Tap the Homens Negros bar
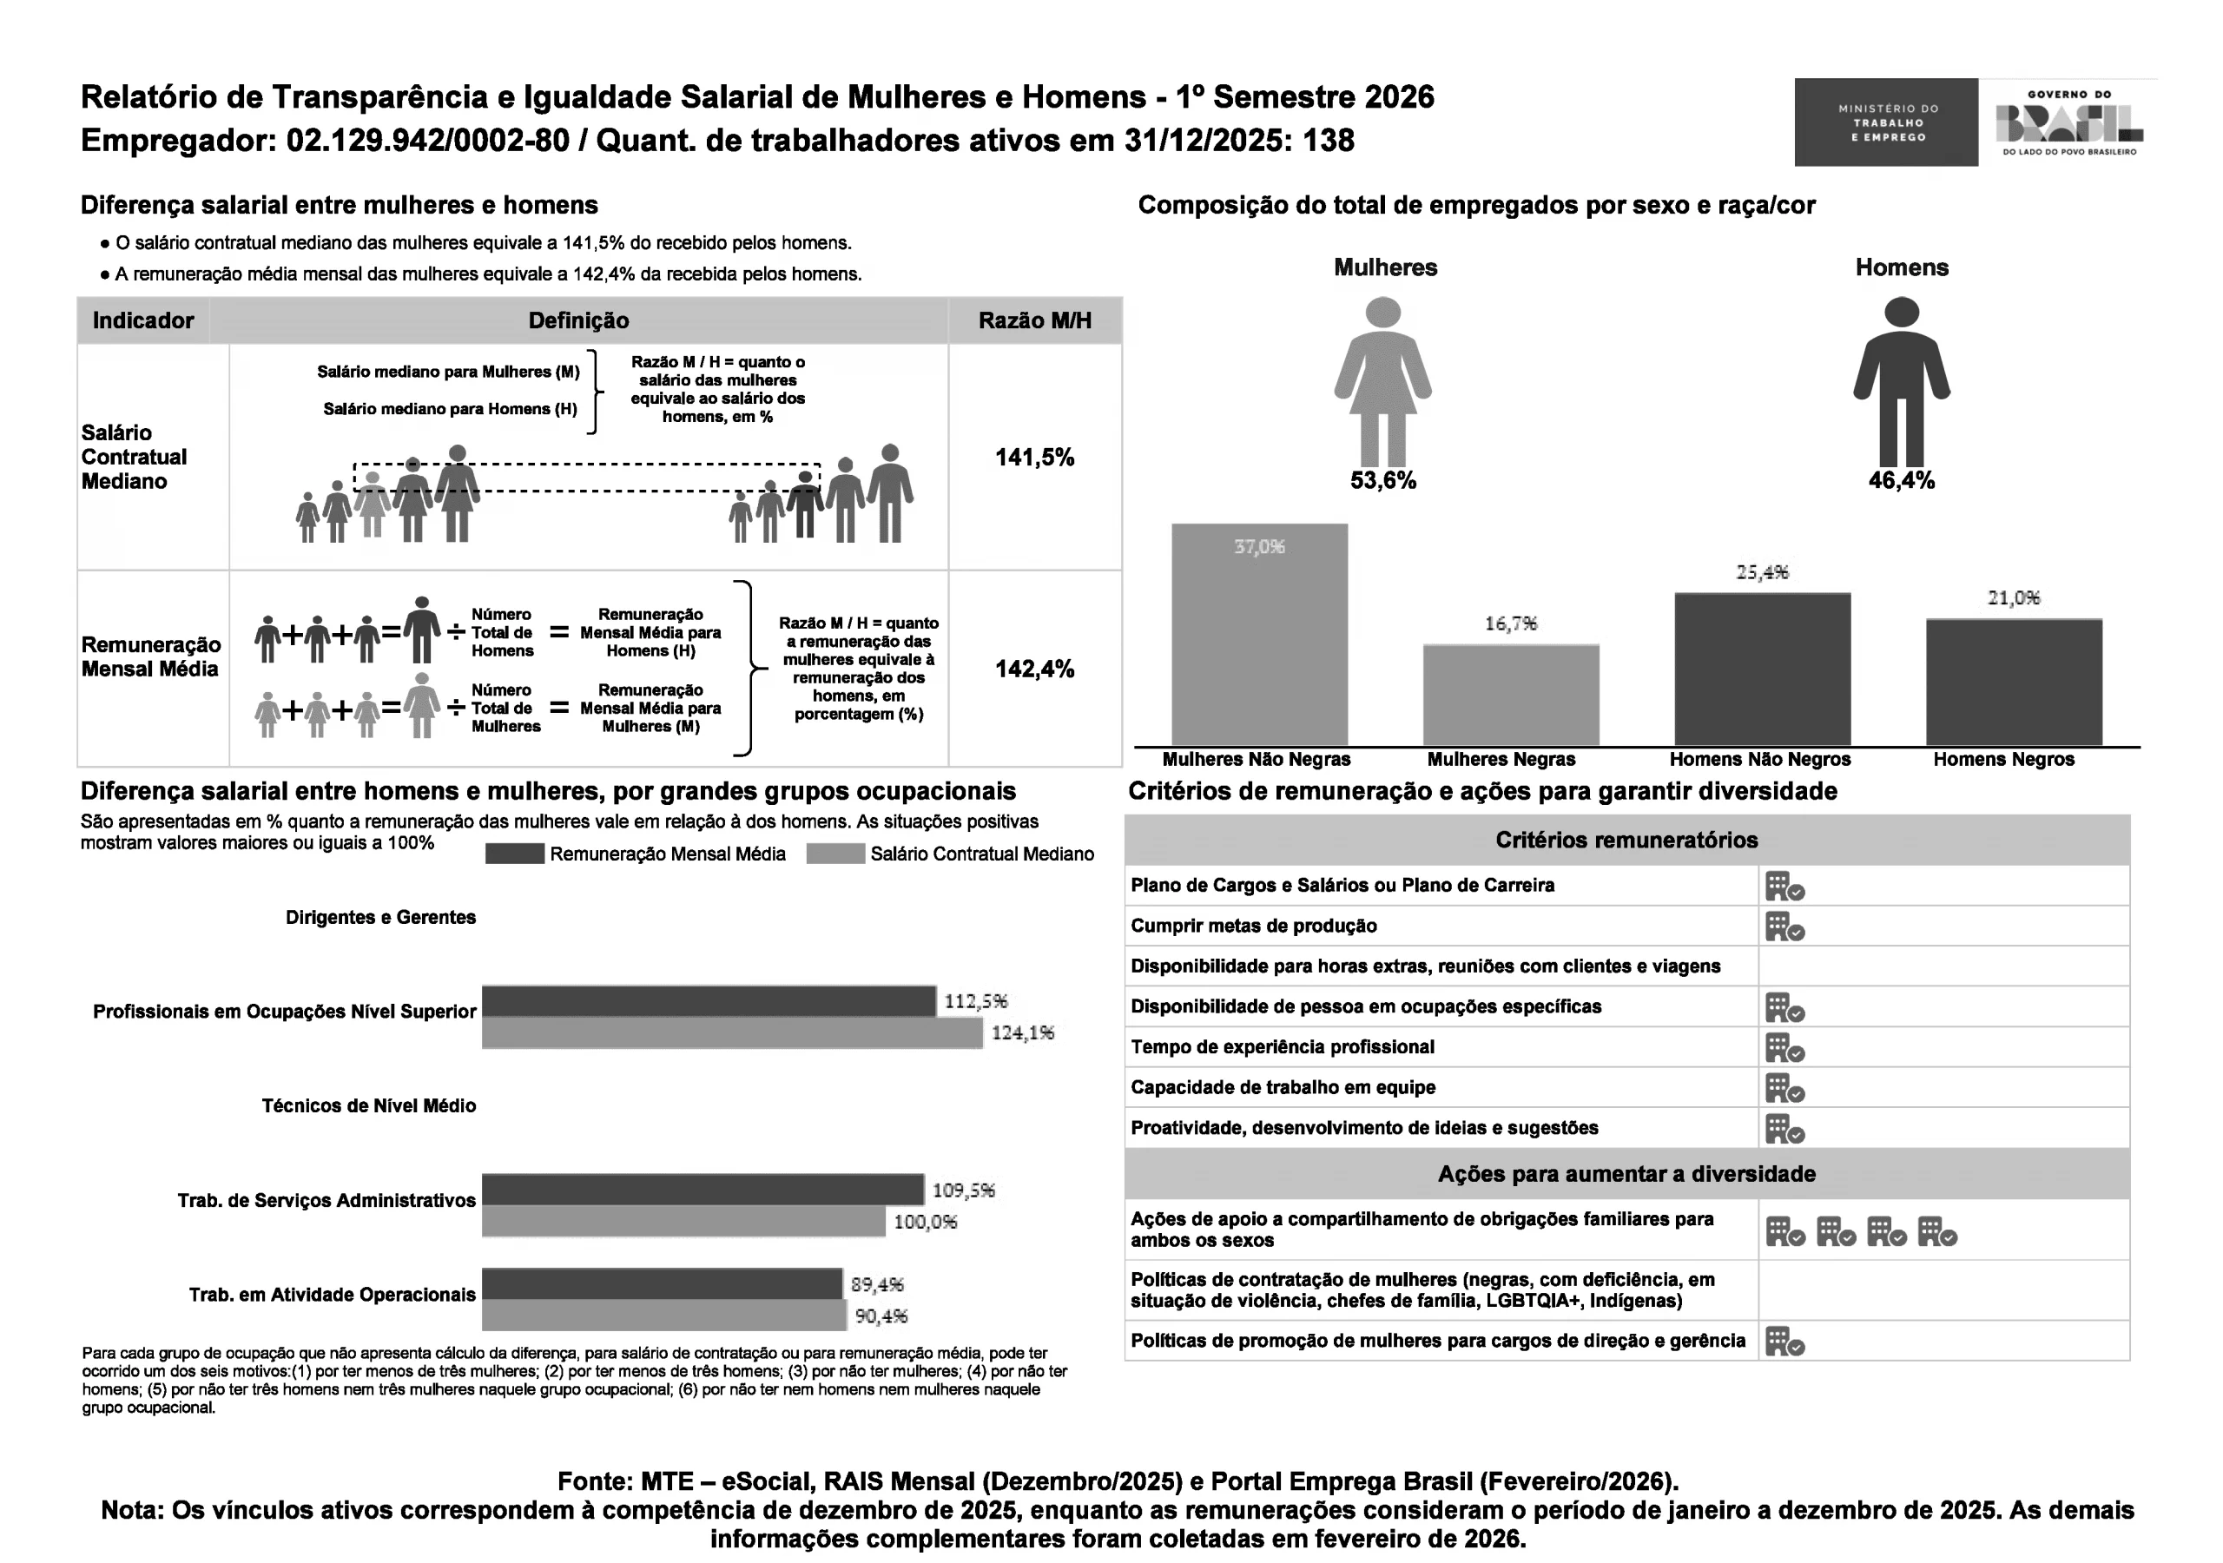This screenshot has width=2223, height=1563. pos(2014,682)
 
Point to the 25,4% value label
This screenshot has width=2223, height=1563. pos(1762,572)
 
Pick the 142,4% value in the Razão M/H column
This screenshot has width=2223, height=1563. pos(1034,669)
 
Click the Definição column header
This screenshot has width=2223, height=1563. pos(578,320)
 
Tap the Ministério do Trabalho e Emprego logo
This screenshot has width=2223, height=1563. pos(1886,123)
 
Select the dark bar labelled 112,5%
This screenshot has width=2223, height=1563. pos(709,1001)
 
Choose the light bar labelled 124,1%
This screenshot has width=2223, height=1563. pos(732,1033)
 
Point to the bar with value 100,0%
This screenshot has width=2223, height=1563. pos(683,1221)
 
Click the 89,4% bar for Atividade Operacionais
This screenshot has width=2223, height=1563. pos(663,1284)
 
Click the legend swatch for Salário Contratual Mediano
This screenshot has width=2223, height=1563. pos(834,854)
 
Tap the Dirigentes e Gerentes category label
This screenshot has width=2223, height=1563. pos(380,918)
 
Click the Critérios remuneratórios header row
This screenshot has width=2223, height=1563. pos(1626,841)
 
